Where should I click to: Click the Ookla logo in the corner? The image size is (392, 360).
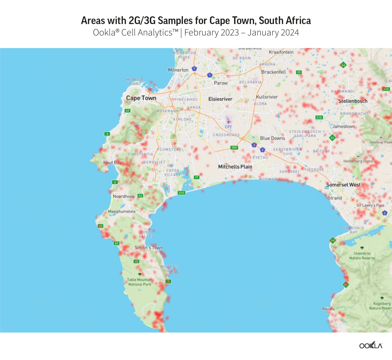pyautogui.click(x=371, y=345)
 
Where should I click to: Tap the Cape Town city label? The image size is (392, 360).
pyautogui.click(x=141, y=98)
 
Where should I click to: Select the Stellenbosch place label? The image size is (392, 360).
pyautogui.click(x=352, y=101)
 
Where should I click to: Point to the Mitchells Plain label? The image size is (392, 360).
pyautogui.click(x=235, y=167)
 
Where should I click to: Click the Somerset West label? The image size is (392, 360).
pyautogui.click(x=343, y=185)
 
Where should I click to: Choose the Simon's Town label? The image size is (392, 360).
pyautogui.click(x=149, y=248)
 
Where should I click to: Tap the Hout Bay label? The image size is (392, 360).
pyautogui.click(x=112, y=163)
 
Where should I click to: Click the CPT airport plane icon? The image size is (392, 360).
pyautogui.click(x=228, y=122)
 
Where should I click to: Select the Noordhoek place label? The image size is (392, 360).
pyautogui.click(x=124, y=196)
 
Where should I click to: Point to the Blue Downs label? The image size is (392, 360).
pyautogui.click(x=272, y=138)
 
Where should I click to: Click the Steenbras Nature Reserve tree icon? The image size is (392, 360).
pyautogui.click(x=362, y=248)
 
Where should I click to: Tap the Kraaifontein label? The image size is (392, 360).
pyautogui.click(x=281, y=52)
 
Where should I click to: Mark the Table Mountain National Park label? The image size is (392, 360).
pyautogui.click(x=140, y=282)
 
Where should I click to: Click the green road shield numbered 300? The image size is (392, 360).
pyautogui.click(x=234, y=147)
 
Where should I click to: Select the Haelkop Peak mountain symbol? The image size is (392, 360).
pyautogui.click(x=381, y=137)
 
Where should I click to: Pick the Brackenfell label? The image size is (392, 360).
pyautogui.click(x=273, y=72)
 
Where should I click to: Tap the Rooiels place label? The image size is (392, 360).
pyautogui.click(x=328, y=309)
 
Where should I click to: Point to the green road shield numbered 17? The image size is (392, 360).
pyautogui.click(x=196, y=177)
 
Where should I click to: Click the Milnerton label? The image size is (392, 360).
pyautogui.click(x=178, y=70)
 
